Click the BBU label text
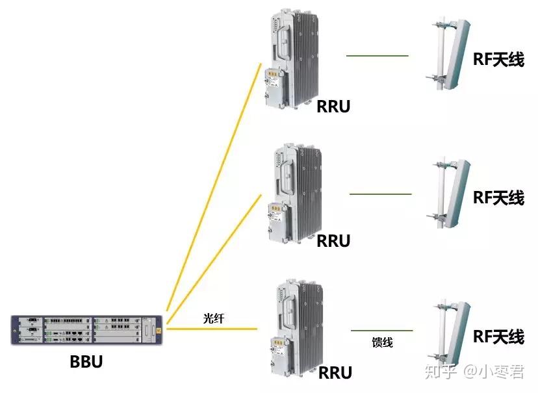pyautogui.click(x=86, y=362)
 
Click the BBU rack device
pyautogui.click(x=86, y=329)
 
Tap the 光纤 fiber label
pyautogui.click(x=213, y=318)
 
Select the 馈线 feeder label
pyautogui.click(x=382, y=342)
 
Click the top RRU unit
pyautogui.click(x=292, y=58)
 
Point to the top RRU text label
pyautogui.click(x=333, y=107)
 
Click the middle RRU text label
pyautogui.click(x=333, y=241)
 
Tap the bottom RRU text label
pyautogui.click(x=335, y=373)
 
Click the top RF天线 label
pyautogui.click(x=498, y=60)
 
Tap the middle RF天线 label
pyautogui.click(x=498, y=197)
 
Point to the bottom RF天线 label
pyautogui.click(x=498, y=336)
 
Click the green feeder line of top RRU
pyautogui.click(x=377, y=56)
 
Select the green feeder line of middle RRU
pyautogui.click(x=381, y=194)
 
